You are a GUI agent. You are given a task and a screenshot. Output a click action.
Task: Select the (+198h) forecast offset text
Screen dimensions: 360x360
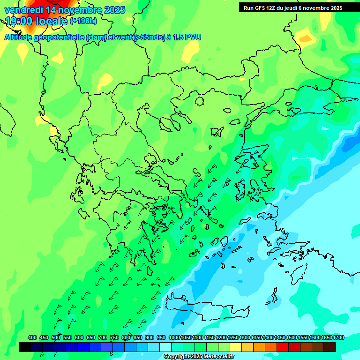pos(83,21)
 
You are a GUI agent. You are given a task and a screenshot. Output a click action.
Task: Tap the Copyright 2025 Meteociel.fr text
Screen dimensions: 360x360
pos(199,357)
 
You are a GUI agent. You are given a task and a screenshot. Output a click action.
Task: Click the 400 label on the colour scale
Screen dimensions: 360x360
pos(32,337)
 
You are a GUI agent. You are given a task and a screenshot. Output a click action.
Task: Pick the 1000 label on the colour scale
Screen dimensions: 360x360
pos(174,337)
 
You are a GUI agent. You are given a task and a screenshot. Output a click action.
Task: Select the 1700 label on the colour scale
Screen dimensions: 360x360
pos(338,337)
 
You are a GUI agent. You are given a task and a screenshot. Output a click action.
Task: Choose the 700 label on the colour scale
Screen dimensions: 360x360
pos(103,337)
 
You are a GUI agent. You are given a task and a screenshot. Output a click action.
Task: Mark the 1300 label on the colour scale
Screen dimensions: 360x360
pos(244,337)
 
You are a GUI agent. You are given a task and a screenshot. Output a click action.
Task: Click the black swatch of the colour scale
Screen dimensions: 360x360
pos(25,347)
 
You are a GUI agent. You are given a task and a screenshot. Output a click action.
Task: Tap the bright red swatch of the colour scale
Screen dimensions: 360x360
pos(283,347)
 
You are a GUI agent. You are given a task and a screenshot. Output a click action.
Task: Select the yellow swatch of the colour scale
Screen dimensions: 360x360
pos(236,347)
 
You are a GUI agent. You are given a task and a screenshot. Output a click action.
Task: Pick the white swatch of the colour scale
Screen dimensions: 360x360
pos(165,347)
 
